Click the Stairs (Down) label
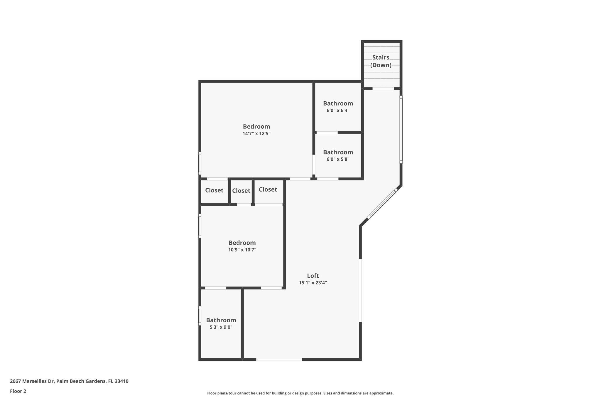381,61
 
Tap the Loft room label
313,276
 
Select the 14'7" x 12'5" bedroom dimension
256,134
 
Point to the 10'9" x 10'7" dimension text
242,250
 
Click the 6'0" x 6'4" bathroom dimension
338,111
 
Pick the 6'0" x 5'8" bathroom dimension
338,160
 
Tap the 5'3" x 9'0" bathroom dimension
221,327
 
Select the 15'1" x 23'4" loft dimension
313,283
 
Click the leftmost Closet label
214,190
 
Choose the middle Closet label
241,191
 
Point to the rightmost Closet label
268,189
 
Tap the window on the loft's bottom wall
279,359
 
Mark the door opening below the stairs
383,88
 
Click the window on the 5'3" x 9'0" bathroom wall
200,316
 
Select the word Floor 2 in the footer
18,391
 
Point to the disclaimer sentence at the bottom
300,393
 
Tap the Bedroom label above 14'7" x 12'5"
256,127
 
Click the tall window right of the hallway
401,129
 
